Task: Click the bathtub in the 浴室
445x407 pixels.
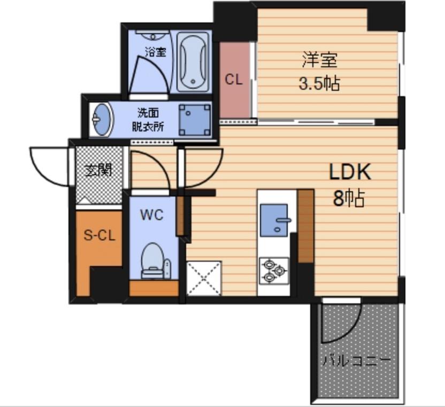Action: pyautogui.click(x=193, y=61)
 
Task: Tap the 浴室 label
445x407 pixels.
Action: pyautogui.click(x=155, y=52)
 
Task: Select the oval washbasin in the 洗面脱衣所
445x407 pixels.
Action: pyautogui.click(x=101, y=120)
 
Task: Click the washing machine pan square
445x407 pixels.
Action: pyautogui.click(x=195, y=120)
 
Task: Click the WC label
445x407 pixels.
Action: pyautogui.click(x=152, y=215)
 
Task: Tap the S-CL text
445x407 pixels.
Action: pyautogui.click(x=99, y=235)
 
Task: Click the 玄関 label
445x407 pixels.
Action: pyautogui.click(x=98, y=170)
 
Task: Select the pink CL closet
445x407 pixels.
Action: pyautogui.click(x=234, y=80)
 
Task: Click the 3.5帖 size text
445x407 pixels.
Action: pyautogui.click(x=319, y=84)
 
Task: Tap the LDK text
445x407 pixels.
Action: pyautogui.click(x=350, y=172)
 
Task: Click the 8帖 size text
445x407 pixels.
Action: pyautogui.click(x=349, y=199)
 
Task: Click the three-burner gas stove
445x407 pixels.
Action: pyautogui.click(x=274, y=271)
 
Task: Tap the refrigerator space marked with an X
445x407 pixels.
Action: pyautogui.click(x=204, y=278)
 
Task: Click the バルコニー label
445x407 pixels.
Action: pyautogui.click(x=357, y=361)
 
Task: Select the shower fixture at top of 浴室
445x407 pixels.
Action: pyautogui.click(x=154, y=36)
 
